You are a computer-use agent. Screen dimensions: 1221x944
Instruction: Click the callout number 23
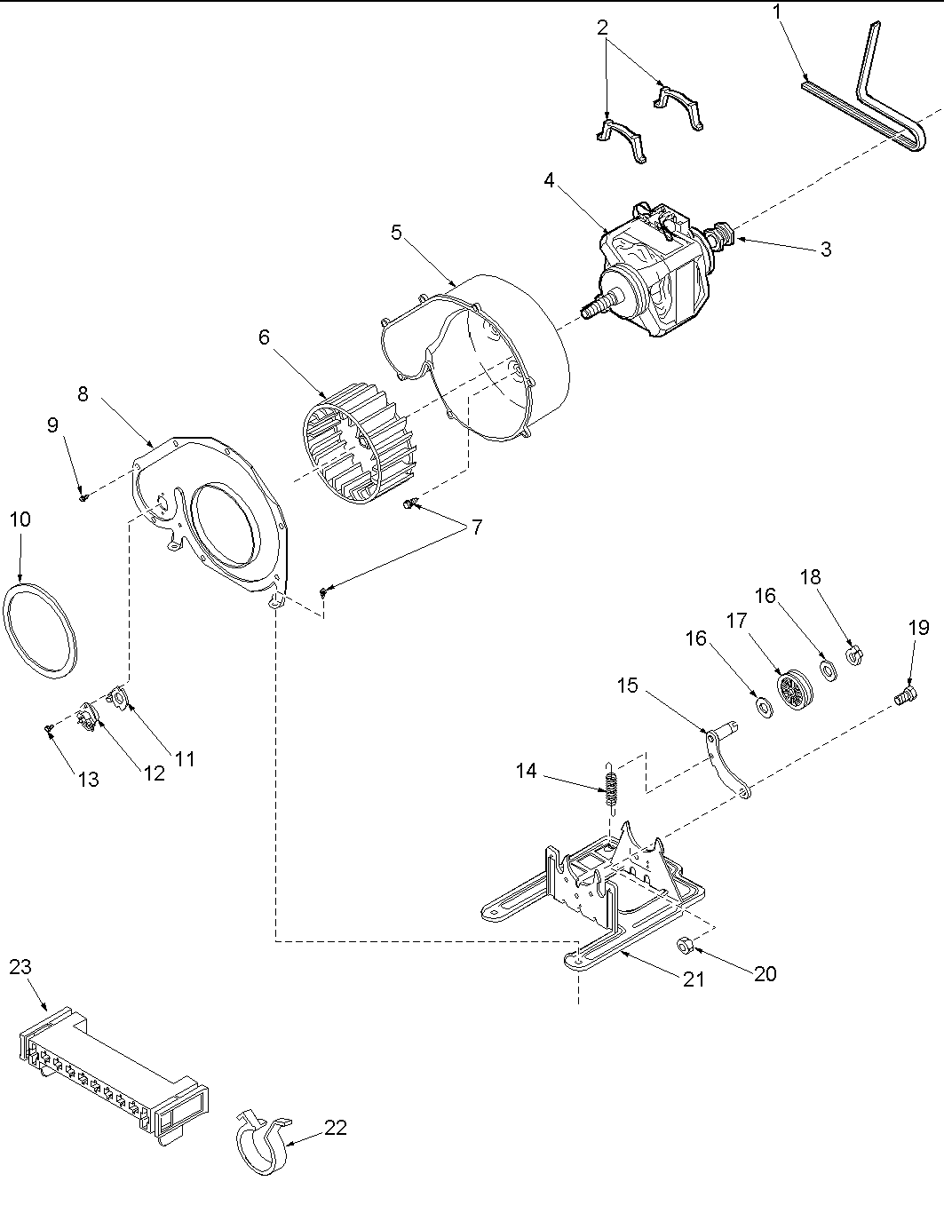point(20,967)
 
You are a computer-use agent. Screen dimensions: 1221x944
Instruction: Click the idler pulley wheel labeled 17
point(790,690)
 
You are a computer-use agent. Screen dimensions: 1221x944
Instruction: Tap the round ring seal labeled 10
point(42,630)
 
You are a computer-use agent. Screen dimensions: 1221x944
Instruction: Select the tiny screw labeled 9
point(83,497)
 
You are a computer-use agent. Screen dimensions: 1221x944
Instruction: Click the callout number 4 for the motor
point(549,180)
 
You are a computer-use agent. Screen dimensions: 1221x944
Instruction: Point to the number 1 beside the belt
point(778,13)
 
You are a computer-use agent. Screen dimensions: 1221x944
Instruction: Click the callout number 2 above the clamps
point(603,27)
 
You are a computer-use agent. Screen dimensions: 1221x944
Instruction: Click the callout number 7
point(477,527)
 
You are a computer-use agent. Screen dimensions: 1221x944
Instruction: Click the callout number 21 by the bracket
point(694,979)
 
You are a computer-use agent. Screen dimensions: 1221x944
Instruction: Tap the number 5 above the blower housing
point(396,233)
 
